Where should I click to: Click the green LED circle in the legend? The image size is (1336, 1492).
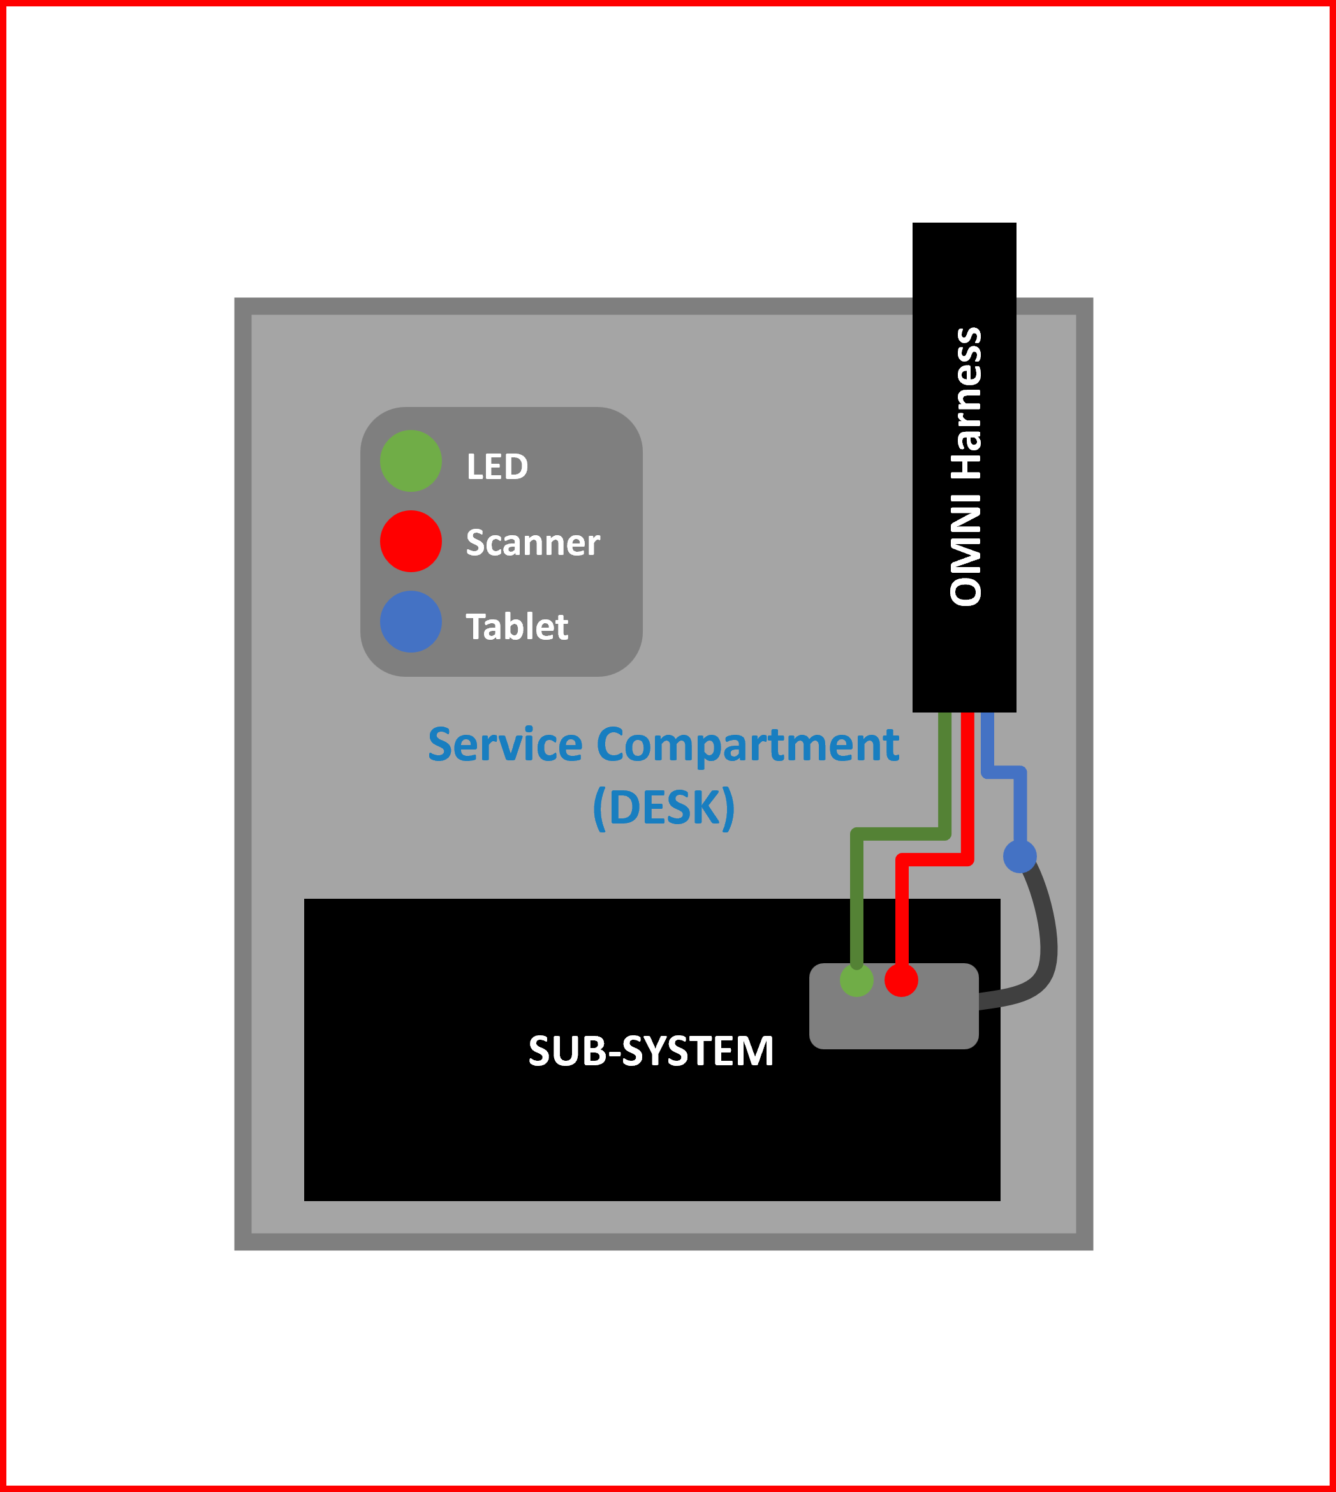coord(410,461)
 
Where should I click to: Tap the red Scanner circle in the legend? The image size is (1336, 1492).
coord(410,541)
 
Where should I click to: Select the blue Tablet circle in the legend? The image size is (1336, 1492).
coord(410,621)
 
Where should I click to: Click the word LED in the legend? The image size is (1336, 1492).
coord(497,466)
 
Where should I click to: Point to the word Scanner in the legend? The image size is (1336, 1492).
coord(532,543)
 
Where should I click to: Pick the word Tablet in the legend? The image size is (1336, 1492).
coord(517,626)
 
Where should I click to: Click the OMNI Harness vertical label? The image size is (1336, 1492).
coord(965,467)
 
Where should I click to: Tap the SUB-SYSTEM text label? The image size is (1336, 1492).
coord(651,1051)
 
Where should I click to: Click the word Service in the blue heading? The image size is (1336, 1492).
coord(505,745)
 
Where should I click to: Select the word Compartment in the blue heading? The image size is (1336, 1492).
coord(747,745)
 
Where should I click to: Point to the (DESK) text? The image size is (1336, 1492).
coord(664,808)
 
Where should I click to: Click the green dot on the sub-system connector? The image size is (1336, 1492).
coord(856,980)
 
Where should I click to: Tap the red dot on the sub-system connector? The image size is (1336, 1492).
coord(900,980)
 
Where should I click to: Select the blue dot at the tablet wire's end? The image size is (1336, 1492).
coord(1020,856)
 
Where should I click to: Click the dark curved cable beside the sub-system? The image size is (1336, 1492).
coord(1046,947)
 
